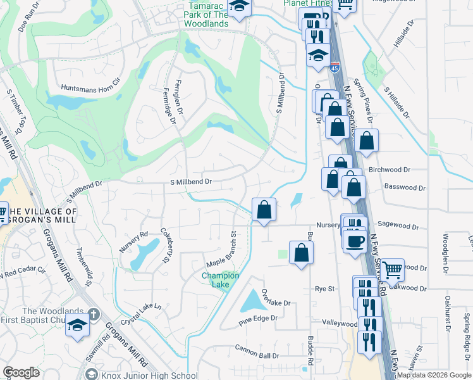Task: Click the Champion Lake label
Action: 220,280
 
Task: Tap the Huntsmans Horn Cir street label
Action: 90,85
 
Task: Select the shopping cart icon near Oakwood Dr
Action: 393,270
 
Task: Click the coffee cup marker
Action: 354,242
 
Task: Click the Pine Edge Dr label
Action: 258,321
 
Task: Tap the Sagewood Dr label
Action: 398,225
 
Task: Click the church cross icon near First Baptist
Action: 92,314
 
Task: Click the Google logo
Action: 21,372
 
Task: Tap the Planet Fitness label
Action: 308,3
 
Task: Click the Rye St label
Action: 324,289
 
